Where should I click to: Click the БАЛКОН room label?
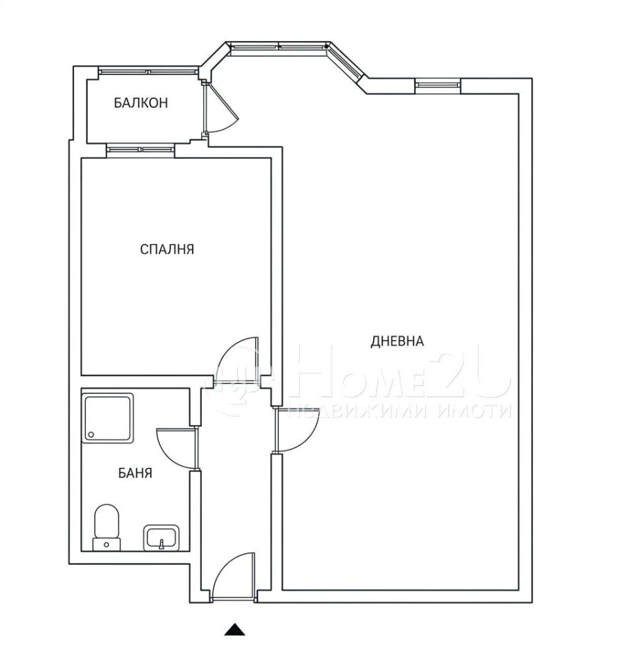(141, 102)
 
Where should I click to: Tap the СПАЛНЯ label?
(167, 249)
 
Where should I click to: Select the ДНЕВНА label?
(397, 340)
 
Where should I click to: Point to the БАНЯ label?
(135, 473)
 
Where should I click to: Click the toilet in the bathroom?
(107, 527)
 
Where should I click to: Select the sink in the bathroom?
(161, 537)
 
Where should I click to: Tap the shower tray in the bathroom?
(108, 418)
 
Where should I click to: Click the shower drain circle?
(91, 434)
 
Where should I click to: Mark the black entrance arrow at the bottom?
(234, 629)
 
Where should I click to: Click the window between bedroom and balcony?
(140, 149)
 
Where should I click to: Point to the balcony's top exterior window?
(148, 72)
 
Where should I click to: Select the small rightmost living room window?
(437, 85)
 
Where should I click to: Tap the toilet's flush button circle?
(107, 545)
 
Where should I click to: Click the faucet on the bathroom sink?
(161, 545)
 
